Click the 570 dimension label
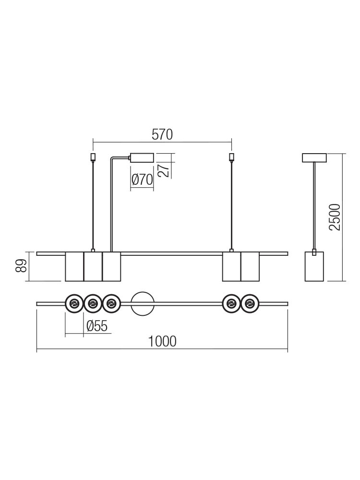pos(162,135)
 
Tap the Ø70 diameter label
pos(142,180)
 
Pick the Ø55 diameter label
pos(97,326)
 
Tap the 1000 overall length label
pos(162,341)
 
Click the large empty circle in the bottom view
pos(142,304)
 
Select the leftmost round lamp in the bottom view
pos(74,304)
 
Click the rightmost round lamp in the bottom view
pos(250,304)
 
